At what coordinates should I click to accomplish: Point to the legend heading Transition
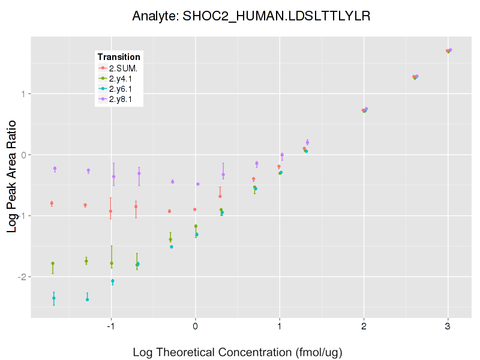[119, 57]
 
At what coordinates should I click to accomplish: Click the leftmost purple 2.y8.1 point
[55, 169]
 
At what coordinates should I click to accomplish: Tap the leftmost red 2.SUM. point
[52, 203]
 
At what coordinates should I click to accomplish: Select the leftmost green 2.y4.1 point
[53, 263]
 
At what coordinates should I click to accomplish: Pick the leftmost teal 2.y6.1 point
[54, 298]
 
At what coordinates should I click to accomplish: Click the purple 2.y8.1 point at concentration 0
[198, 184]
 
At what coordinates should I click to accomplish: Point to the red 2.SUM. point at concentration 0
[195, 209]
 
